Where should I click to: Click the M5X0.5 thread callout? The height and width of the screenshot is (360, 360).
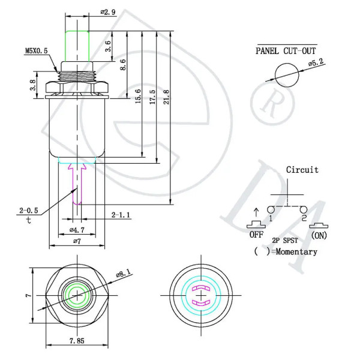point(36,51)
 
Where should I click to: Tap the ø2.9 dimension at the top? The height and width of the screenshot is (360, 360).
point(108,12)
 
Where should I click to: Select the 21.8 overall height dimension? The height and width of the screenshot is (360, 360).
point(166,97)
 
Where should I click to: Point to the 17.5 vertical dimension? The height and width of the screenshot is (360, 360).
point(152,97)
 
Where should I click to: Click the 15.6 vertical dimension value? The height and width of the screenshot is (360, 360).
point(138,96)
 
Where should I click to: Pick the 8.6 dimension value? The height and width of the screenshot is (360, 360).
point(123,65)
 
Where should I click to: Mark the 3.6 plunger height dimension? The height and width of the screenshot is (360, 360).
point(107,46)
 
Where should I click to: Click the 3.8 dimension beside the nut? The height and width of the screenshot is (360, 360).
point(33,85)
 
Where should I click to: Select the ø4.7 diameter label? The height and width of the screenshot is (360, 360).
point(77,230)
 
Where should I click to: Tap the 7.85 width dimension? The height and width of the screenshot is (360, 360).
point(77,341)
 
